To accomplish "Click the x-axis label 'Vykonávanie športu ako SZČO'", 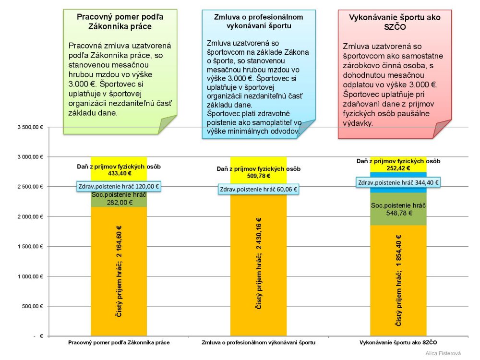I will [398, 343].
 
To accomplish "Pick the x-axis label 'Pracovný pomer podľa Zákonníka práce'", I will [119, 343].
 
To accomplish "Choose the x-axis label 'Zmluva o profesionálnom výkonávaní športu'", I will [258, 343].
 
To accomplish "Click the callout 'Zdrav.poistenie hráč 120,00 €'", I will [119, 186].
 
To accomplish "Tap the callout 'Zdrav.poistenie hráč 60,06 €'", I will [259, 190].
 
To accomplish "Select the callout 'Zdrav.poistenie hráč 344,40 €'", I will [398, 182].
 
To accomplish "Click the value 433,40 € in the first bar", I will [119, 173].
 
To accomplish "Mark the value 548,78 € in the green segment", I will [398, 213].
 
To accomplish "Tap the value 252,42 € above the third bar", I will [398, 168].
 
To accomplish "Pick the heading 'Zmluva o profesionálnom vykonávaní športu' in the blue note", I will [259, 21].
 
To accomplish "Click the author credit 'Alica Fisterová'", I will [443, 353].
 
